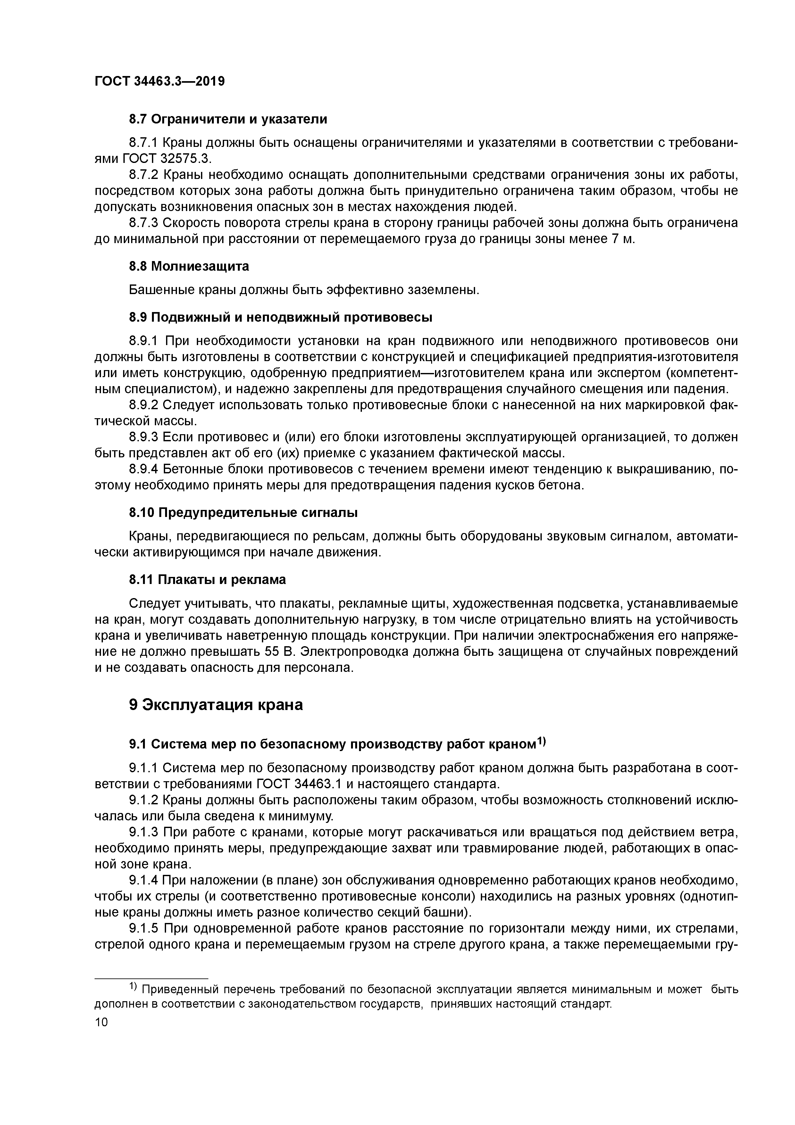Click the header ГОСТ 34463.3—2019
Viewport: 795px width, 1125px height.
coord(159,81)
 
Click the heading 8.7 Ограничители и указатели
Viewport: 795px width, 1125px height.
coord(228,119)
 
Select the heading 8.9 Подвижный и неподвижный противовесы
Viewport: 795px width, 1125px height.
coord(281,317)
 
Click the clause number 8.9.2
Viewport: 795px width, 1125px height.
coord(144,405)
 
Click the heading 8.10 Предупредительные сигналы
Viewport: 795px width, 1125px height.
coord(243,513)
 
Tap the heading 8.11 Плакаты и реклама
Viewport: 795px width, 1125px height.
coord(207,579)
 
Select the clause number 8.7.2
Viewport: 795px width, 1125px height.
coord(144,175)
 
